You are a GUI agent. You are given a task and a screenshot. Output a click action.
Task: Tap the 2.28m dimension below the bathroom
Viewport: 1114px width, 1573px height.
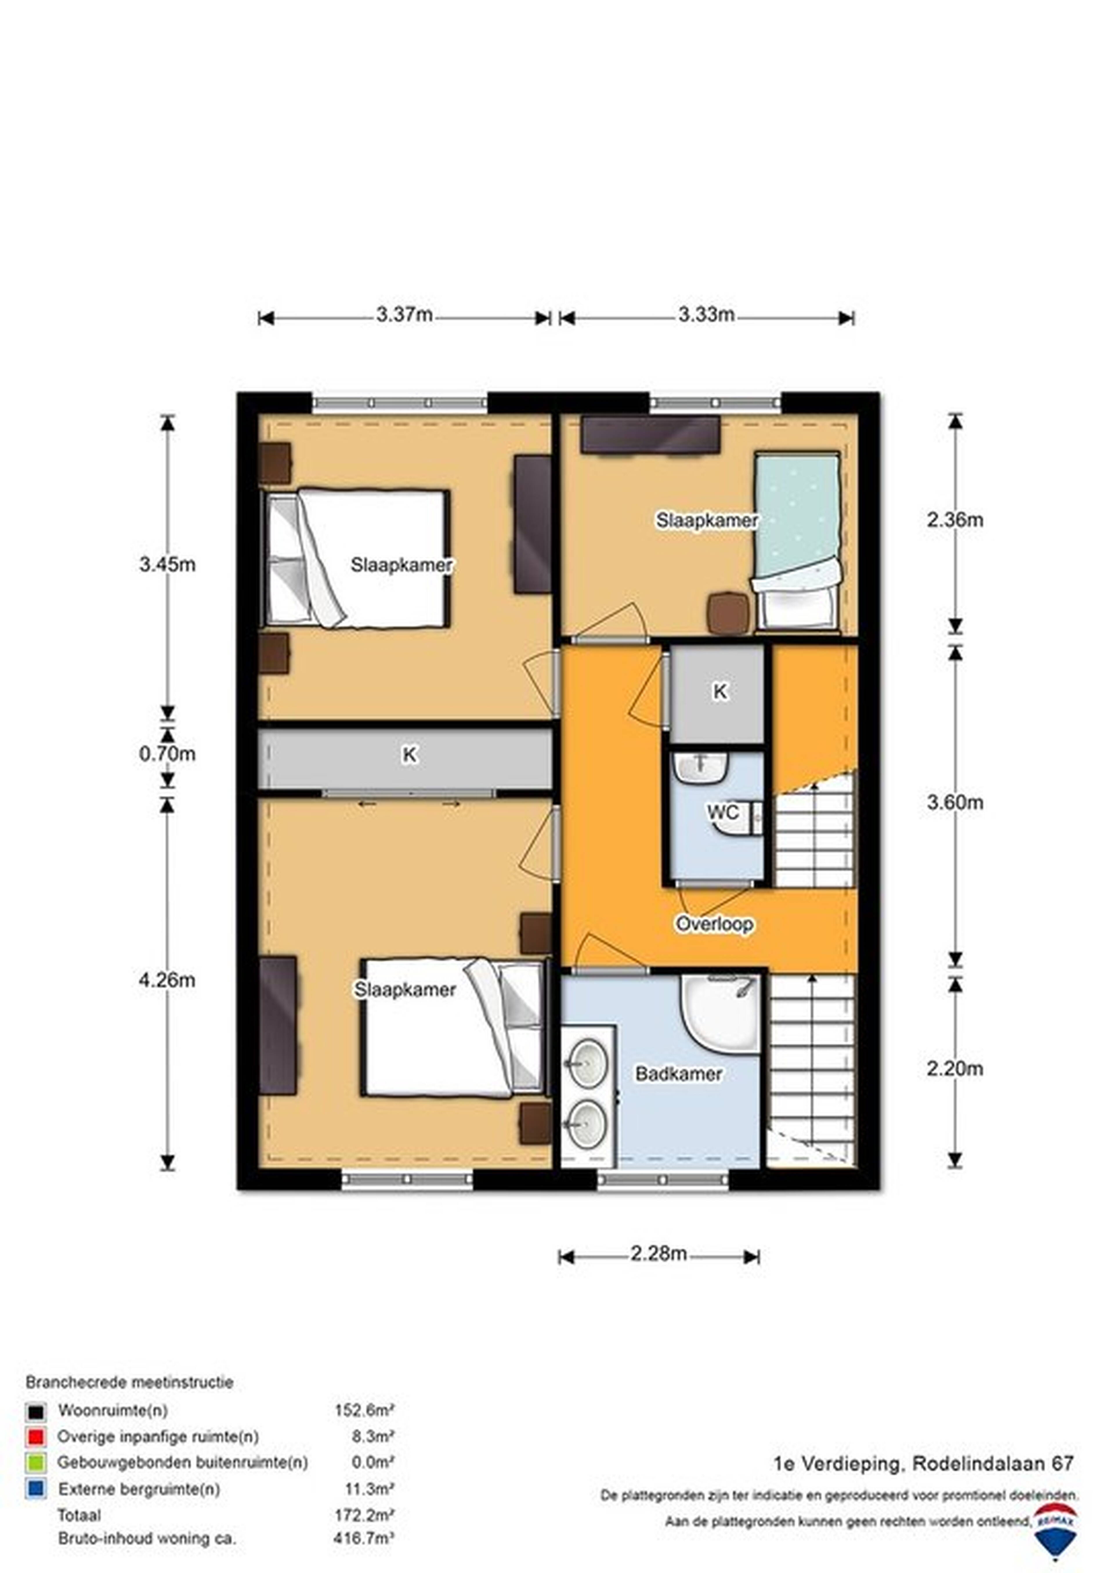tap(659, 1253)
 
